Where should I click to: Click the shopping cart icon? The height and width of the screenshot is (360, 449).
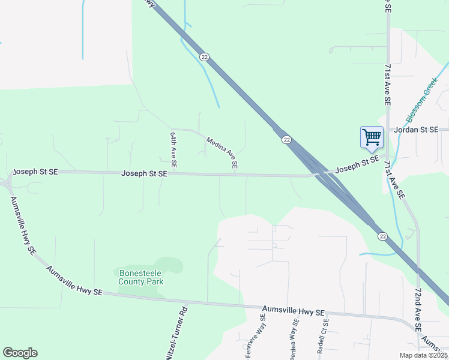point(372,137)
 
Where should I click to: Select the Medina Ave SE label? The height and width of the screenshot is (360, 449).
point(222,152)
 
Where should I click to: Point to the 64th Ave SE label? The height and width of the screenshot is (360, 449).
point(173,149)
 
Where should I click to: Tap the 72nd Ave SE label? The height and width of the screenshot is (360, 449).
point(418,309)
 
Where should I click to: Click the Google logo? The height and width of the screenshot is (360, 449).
point(20,353)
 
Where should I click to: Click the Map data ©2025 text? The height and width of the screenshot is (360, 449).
point(424,355)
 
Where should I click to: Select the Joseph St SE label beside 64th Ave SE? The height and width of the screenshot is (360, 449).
point(144,173)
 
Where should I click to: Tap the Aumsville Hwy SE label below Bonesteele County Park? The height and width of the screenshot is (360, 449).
point(74,281)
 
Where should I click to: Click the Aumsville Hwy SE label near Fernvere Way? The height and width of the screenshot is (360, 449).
point(294,313)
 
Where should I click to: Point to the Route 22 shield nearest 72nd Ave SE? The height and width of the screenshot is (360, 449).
point(382,237)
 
